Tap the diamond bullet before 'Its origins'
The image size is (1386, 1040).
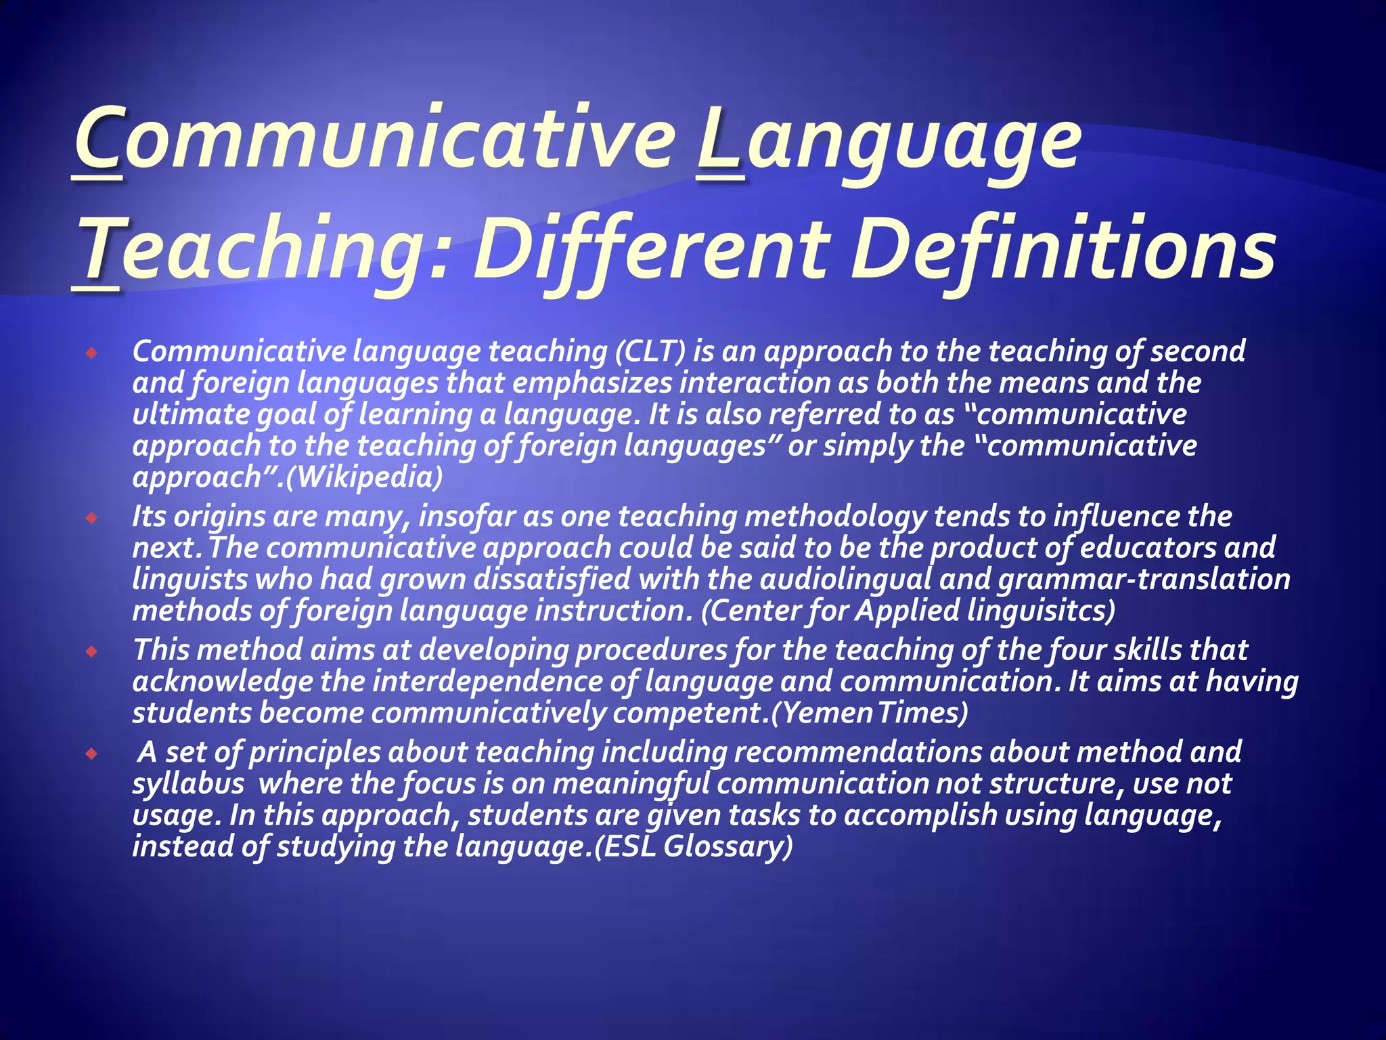tap(92, 519)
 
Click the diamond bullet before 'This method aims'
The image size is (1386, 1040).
tap(92, 652)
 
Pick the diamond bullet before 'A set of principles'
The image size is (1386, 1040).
tap(92, 754)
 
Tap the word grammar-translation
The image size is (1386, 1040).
tap(1144, 579)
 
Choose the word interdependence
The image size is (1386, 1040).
tap(487, 681)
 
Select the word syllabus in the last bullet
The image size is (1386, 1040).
tap(188, 783)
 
